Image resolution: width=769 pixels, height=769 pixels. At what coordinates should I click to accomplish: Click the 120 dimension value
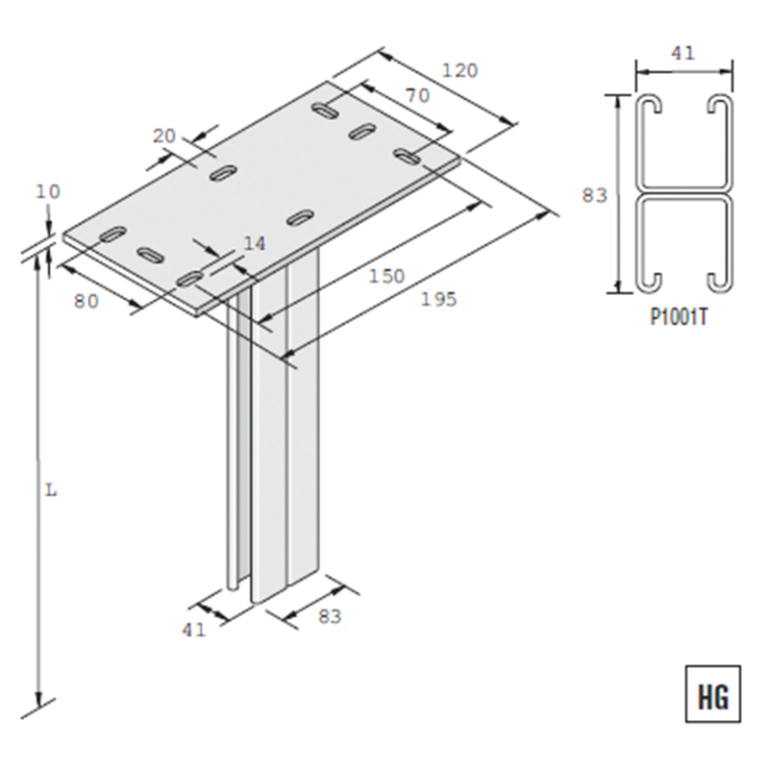(x=459, y=70)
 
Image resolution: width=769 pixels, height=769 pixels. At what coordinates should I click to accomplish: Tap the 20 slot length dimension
(x=164, y=136)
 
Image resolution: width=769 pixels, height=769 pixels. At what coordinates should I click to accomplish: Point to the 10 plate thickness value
(x=47, y=191)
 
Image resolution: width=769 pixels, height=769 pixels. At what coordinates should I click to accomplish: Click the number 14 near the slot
(x=254, y=244)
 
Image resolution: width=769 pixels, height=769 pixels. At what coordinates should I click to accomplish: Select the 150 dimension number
(x=386, y=277)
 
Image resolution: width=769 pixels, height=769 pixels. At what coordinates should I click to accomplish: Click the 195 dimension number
(x=438, y=300)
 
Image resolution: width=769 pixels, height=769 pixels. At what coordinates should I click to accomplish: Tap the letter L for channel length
(x=52, y=489)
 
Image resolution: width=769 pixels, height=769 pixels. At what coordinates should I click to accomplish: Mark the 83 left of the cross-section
(x=595, y=195)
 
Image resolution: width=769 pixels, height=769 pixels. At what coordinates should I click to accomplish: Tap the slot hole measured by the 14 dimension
(x=190, y=279)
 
